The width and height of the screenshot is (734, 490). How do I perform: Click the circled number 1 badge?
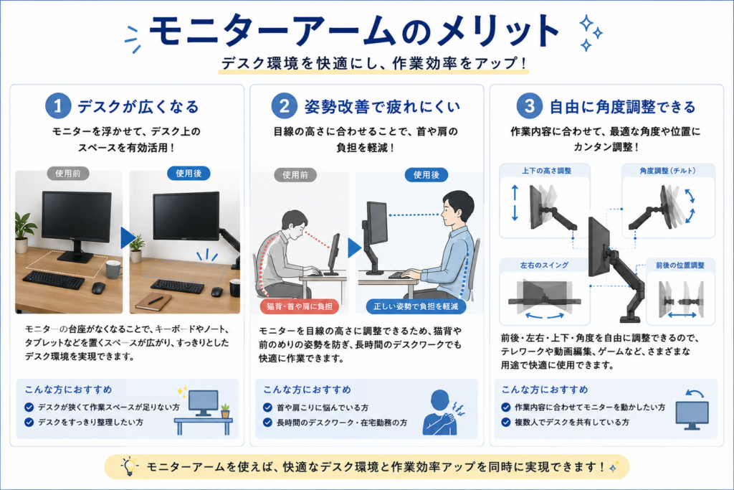click(x=58, y=106)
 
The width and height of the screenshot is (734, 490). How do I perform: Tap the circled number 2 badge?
click(x=284, y=106)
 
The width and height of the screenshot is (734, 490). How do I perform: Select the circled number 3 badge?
click(x=530, y=106)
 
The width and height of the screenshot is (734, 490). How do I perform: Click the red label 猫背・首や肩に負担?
click(x=300, y=306)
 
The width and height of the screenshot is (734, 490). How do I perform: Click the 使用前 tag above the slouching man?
click(x=295, y=175)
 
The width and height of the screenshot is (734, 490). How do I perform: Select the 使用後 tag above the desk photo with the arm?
click(x=189, y=174)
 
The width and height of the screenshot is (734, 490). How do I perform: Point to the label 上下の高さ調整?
click(x=546, y=171)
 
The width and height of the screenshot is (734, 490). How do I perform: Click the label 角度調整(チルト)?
click(x=667, y=171)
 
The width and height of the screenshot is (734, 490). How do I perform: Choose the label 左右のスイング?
click(x=544, y=265)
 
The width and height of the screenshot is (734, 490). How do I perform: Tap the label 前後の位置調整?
click(x=680, y=265)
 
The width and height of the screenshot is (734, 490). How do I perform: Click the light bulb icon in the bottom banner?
click(x=129, y=466)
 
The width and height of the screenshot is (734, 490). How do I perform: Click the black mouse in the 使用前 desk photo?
click(x=98, y=288)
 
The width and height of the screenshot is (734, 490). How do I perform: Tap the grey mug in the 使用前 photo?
click(x=114, y=269)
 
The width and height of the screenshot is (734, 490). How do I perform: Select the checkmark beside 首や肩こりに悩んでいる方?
click(x=268, y=407)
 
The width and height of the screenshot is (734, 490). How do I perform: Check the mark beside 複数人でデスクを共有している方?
click(x=505, y=422)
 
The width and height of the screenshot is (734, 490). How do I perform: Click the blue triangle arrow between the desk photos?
click(x=128, y=237)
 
